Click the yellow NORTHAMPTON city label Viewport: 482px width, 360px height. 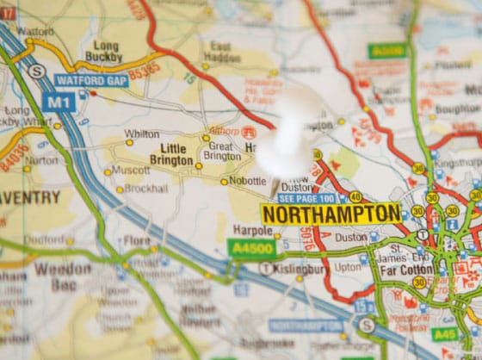tap(331, 214)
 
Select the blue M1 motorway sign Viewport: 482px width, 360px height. tap(59, 102)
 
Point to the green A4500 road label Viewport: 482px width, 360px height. tap(251, 248)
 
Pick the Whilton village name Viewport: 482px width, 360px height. tap(142, 133)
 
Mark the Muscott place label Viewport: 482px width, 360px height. tap(131, 171)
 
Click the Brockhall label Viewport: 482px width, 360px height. tap(146, 189)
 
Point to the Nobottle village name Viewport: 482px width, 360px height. tap(249, 181)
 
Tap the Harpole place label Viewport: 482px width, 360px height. tap(252, 231)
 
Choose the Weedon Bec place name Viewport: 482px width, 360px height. tap(62, 275)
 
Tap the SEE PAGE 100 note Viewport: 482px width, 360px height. tap(306, 198)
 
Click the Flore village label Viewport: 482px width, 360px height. tap(138, 241)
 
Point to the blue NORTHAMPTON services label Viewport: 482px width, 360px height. tap(306, 325)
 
